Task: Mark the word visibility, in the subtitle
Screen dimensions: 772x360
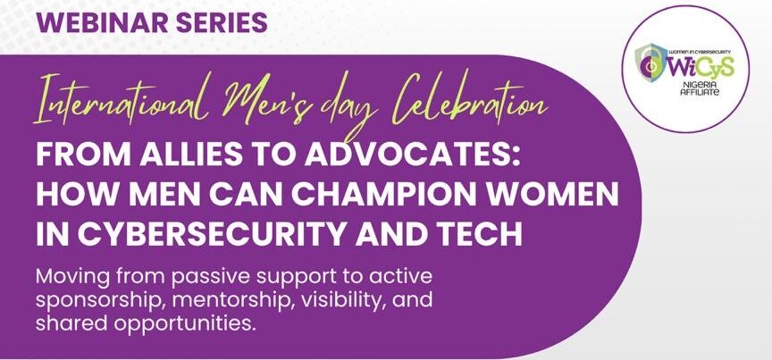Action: (345, 301)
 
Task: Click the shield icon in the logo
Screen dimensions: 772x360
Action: (649, 62)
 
